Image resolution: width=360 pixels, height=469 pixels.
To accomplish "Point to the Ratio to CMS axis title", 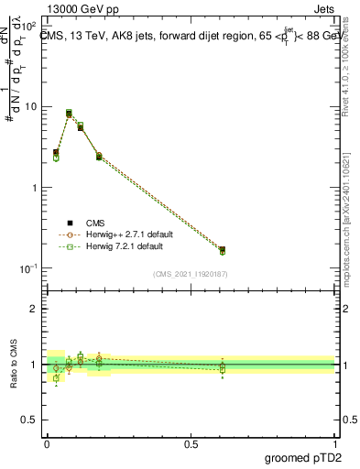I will click(14, 364).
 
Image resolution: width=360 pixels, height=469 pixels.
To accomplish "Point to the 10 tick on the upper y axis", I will click(31, 106).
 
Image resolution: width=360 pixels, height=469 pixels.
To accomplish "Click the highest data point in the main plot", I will click(69, 114).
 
